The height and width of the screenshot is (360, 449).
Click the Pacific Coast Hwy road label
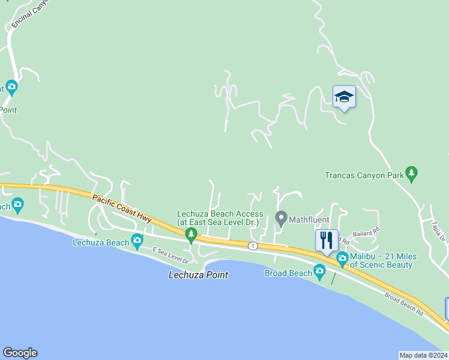click(122, 207)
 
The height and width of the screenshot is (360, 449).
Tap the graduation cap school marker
click(344, 97)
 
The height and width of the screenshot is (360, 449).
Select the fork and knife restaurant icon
click(327, 241)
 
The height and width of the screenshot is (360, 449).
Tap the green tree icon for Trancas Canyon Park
click(411, 174)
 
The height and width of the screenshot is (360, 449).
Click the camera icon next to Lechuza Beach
click(137, 241)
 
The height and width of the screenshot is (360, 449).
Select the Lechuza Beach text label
click(100, 242)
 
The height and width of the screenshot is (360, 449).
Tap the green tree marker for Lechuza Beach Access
click(191, 235)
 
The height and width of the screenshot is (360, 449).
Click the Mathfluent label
click(309, 220)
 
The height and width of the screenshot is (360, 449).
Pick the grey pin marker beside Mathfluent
click(280, 218)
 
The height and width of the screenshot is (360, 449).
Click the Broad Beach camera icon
click(319, 273)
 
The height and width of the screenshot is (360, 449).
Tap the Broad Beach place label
click(288, 273)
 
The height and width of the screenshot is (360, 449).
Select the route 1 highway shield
click(253, 245)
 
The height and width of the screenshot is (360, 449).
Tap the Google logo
click(20, 353)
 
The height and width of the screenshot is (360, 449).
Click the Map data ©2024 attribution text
click(423, 355)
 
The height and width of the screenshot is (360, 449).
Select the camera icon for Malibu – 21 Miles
click(342, 260)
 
